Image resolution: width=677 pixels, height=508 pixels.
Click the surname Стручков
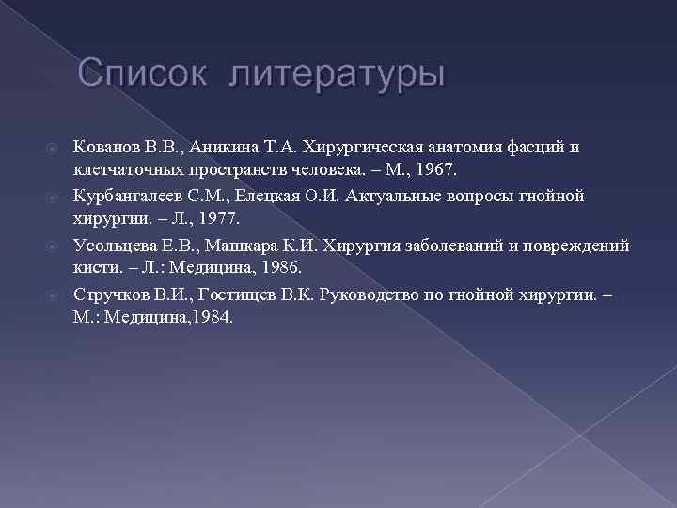click(x=108, y=293)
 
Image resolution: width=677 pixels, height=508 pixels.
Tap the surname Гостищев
click(x=223, y=293)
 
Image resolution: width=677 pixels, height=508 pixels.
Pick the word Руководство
click(x=368, y=293)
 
